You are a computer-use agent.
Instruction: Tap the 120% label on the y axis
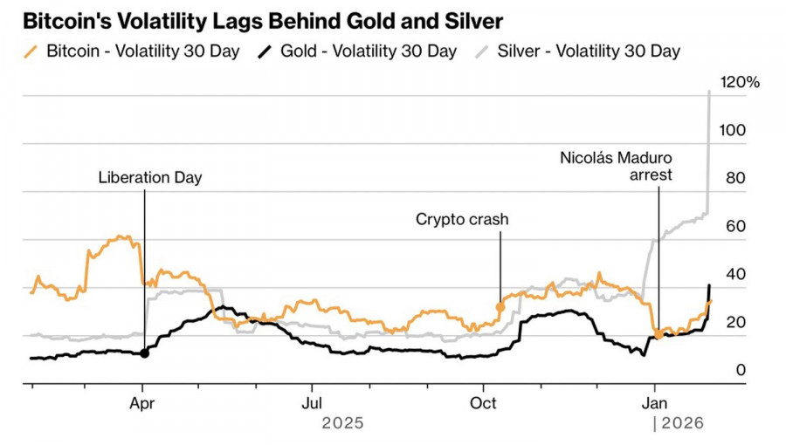740,82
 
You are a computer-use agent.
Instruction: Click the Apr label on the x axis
143,403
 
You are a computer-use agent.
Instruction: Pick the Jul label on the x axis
311,403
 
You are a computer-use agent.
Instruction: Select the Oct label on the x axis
483,403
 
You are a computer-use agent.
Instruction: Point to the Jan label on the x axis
656,403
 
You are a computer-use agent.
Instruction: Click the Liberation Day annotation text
150,178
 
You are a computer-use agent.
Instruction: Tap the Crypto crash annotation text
462,220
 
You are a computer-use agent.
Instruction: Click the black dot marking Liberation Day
144,353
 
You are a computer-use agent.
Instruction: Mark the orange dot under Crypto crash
500,307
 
